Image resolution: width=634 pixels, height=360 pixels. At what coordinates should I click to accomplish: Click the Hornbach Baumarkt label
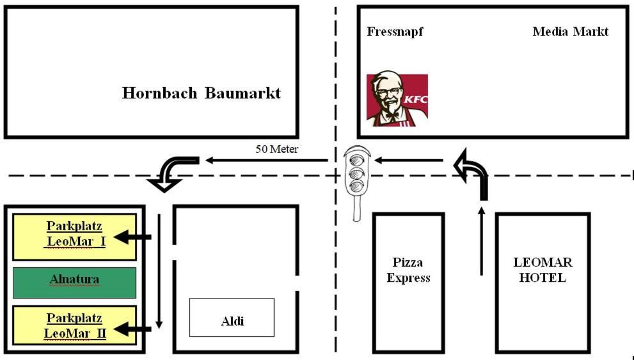tap(202, 93)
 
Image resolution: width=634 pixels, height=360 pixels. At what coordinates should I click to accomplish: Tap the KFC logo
tap(397, 100)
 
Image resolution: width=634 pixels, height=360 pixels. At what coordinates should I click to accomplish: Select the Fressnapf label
tap(395, 31)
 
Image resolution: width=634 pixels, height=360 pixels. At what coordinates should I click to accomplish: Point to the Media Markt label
tap(570, 31)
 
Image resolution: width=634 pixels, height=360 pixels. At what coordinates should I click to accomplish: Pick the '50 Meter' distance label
tap(277, 150)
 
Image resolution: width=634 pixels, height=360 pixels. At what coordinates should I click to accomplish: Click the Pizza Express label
tap(408, 270)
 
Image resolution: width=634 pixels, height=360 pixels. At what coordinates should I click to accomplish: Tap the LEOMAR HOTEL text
tap(543, 270)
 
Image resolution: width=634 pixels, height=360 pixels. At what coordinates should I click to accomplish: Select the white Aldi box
tap(232, 317)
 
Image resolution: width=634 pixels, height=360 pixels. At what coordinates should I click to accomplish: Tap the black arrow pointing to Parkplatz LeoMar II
tap(136, 330)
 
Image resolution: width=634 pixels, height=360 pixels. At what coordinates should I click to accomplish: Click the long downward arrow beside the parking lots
tap(159, 272)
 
